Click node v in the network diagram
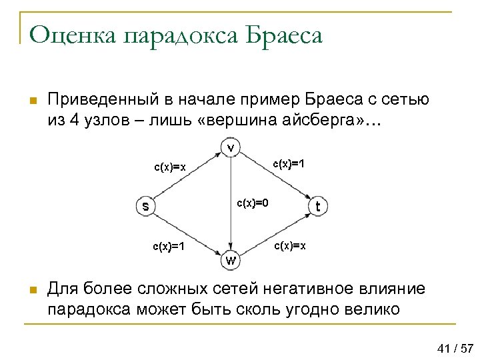pos(231,147)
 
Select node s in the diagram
pos(145,205)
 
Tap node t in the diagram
pos(318,207)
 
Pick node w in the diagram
pos(231,260)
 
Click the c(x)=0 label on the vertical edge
pos(253,203)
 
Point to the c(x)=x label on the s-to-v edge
pos(170,167)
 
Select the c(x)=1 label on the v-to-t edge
pos(289,163)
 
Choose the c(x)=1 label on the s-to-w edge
pos(169,247)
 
